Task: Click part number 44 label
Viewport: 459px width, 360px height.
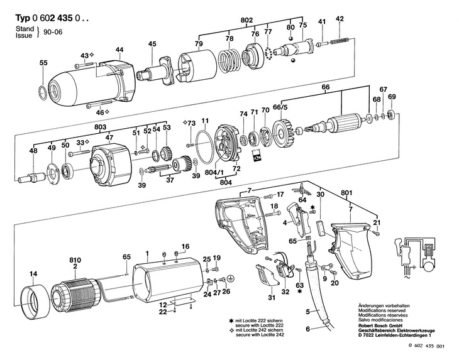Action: point(119,50)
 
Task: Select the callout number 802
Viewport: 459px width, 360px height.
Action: point(246,20)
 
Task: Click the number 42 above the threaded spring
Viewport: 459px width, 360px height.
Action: point(340,18)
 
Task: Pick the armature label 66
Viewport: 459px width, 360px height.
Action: point(326,87)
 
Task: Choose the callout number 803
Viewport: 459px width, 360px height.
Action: point(100,127)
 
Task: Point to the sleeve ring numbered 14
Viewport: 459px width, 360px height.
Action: point(34,302)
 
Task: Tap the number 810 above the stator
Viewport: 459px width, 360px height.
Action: point(75,260)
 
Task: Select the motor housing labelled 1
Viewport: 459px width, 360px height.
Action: point(169,282)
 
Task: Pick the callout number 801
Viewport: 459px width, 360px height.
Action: point(346,193)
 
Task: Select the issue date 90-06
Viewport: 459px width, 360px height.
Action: point(53,32)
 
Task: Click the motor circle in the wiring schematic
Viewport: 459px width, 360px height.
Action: point(428,267)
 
